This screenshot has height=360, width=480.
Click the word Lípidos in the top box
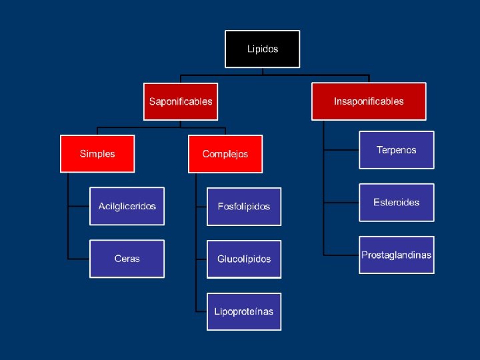pos(263,49)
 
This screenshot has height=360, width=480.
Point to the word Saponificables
pos(181,101)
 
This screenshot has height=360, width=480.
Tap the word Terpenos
pos(396,150)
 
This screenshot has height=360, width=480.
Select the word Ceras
pos(127,259)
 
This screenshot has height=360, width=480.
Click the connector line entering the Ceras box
pos(79,258)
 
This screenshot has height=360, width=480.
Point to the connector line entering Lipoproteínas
pos(201,311)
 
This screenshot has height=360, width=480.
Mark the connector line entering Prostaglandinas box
pos(341,254)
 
